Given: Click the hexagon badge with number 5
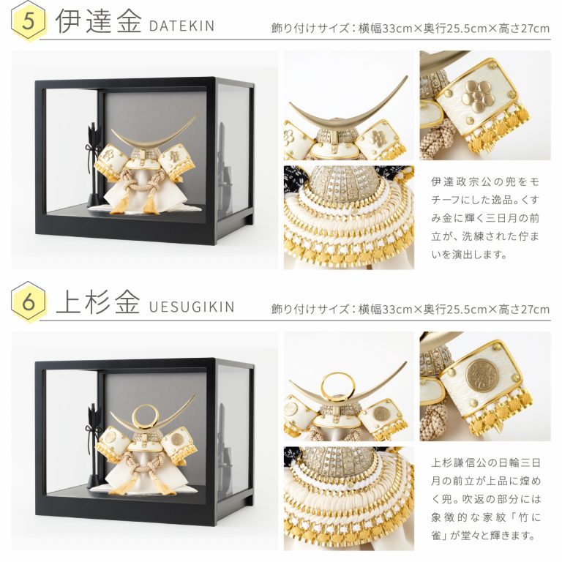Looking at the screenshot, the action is click(29, 21).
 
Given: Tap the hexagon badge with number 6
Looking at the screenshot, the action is click(29, 302).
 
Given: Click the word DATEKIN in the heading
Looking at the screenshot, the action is click(181, 26).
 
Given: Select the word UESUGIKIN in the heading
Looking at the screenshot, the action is click(192, 307).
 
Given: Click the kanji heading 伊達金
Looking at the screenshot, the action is click(99, 21).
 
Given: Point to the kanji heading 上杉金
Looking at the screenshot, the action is click(97, 302).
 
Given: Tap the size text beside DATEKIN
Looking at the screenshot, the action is click(410, 28).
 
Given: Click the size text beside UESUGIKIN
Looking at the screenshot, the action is click(410, 309).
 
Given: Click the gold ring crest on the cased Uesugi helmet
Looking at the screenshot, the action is click(145, 406).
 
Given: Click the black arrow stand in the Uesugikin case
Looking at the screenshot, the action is click(94, 446).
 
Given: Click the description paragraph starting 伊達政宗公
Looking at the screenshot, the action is click(485, 218).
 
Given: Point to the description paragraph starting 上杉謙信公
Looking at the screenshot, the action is click(485, 499).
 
